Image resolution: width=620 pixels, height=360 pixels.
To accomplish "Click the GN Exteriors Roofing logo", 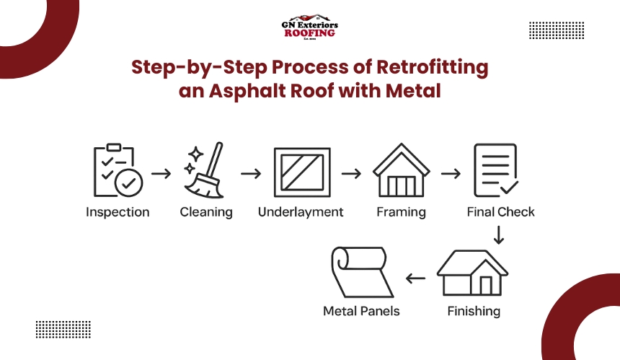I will (x=310, y=27).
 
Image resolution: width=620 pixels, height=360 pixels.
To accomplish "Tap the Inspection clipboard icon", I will (x=117, y=171).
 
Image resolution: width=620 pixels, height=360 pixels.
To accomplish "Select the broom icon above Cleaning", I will (x=203, y=172).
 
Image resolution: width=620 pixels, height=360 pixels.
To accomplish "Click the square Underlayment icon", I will (x=302, y=173).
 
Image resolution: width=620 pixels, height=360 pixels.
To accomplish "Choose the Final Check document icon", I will (x=496, y=170).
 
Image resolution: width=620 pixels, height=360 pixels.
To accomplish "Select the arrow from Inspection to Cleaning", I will (x=161, y=174).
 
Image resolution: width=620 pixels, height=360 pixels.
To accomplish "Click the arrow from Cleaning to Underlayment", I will (x=250, y=174).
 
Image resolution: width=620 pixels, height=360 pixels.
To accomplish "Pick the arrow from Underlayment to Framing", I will (x=351, y=174).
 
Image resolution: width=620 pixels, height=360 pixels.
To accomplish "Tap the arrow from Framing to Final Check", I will (x=451, y=174).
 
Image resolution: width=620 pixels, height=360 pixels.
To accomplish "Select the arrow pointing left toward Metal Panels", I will (x=415, y=278).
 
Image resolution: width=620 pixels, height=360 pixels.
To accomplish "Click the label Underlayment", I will (x=301, y=212).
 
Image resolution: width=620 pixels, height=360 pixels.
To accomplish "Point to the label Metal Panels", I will (x=360, y=312).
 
